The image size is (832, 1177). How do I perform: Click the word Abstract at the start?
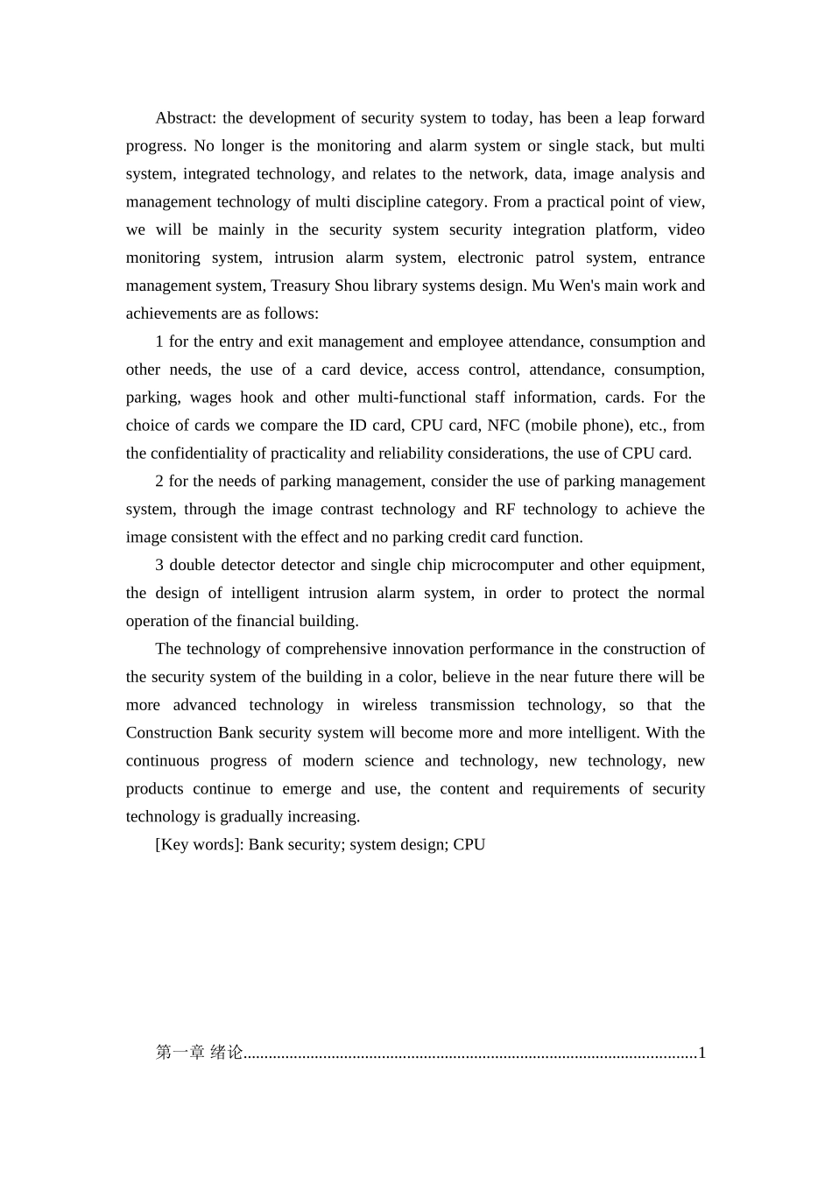(x=186, y=118)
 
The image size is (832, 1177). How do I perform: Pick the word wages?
(x=210, y=398)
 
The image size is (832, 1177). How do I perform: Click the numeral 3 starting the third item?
(x=159, y=566)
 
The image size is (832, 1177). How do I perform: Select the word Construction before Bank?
(x=170, y=734)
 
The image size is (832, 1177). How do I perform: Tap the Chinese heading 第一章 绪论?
(x=199, y=1053)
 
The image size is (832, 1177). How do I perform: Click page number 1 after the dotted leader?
(x=702, y=1053)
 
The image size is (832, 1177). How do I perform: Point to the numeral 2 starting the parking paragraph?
(x=159, y=482)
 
